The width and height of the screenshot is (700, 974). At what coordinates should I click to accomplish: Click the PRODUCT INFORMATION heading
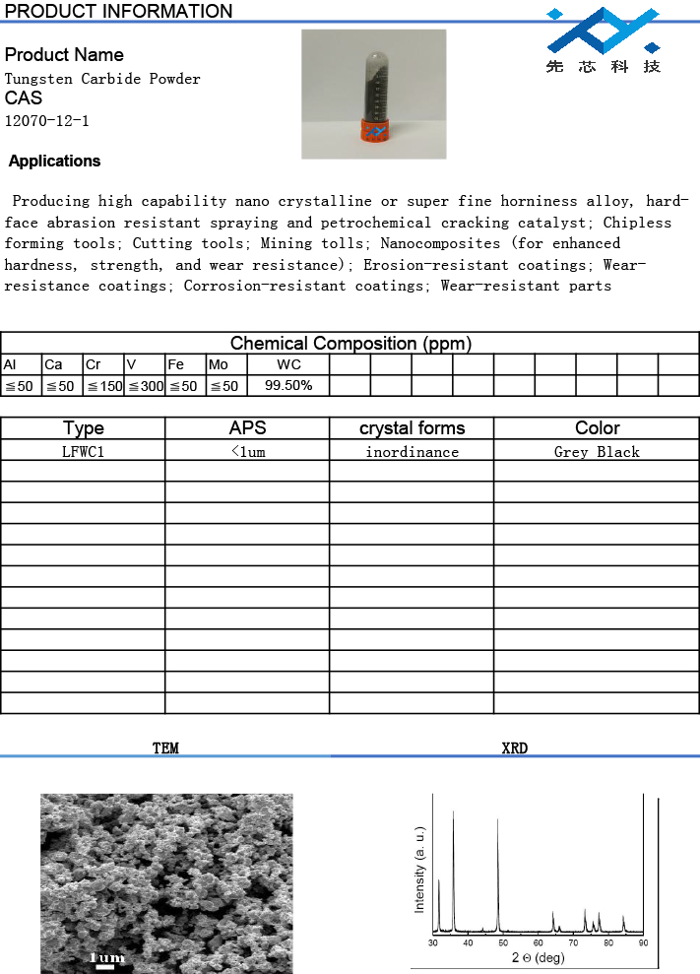(119, 12)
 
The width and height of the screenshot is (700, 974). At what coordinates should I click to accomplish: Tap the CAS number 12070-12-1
(47, 121)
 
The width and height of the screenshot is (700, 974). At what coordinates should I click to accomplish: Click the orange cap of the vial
(373, 131)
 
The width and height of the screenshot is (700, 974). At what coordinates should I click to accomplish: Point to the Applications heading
(55, 162)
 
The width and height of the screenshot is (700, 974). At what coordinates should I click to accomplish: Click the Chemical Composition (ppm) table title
(350, 344)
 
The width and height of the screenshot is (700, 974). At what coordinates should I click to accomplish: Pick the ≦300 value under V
(146, 386)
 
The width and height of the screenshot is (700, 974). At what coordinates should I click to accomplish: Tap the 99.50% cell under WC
(288, 386)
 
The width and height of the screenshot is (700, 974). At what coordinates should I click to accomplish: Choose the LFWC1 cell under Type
(83, 452)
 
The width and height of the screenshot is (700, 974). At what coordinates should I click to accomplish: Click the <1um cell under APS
(247, 452)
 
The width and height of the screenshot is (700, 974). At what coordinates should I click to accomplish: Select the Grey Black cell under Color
(597, 452)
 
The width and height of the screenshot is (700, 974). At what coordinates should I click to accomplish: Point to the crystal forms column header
(412, 428)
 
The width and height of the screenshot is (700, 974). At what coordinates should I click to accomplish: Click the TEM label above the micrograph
(165, 748)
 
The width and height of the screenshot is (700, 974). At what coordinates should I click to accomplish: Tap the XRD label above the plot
(514, 748)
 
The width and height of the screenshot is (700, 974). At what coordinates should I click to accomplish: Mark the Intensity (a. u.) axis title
(419, 870)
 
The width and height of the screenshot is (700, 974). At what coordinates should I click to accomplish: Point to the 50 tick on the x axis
(503, 942)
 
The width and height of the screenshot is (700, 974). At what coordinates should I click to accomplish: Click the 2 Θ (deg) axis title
(538, 958)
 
